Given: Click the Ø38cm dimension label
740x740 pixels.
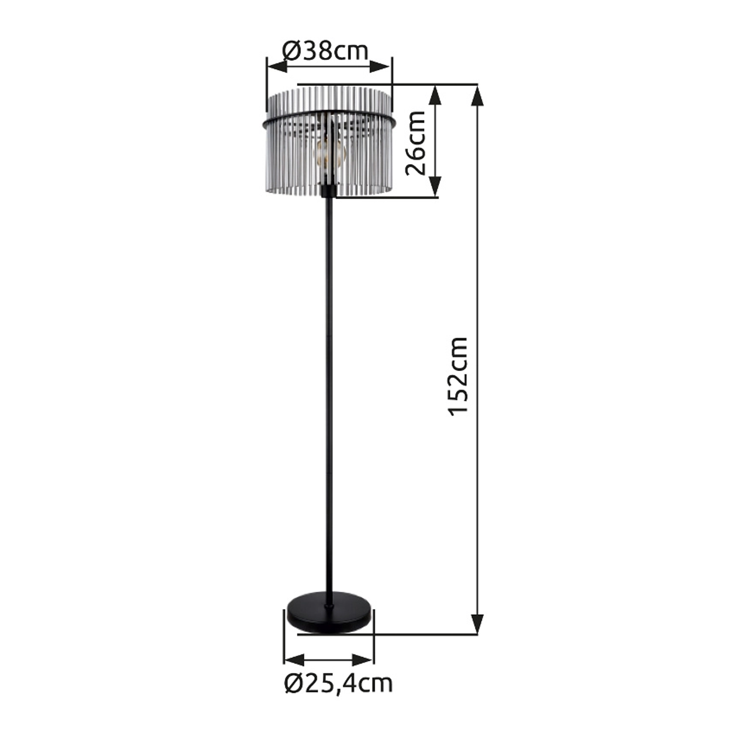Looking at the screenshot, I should (326, 52).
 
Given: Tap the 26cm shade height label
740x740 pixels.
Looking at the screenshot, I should (415, 143).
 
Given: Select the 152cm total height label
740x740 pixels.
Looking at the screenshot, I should (459, 376).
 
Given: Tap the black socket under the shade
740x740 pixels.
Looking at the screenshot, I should (329, 191).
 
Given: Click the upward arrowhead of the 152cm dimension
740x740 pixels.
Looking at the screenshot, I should (477, 94).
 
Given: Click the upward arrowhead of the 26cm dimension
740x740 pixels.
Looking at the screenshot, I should (435, 94).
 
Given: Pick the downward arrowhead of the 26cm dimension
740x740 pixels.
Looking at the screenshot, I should (435, 187).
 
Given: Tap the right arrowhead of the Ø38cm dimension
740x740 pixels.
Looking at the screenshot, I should (380, 66).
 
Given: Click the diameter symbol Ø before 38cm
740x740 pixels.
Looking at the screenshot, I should (291, 52).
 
